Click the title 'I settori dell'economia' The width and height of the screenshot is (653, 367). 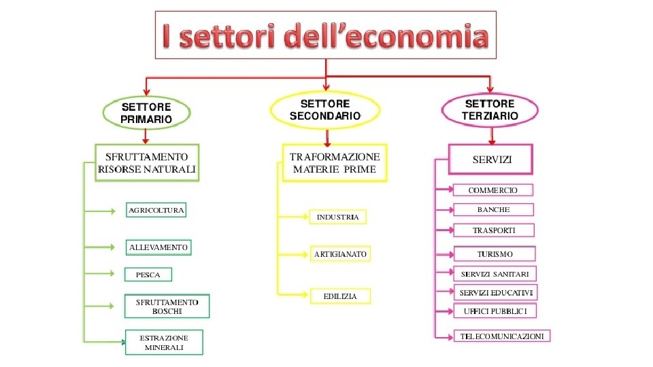pyautogui.click(x=325, y=35)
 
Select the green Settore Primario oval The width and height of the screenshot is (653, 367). pyautogui.click(x=146, y=112)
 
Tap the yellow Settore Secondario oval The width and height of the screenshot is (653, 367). pyautogui.click(x=325, y=109)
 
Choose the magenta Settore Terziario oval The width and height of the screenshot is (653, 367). pyautogui.click(x=490, y=109)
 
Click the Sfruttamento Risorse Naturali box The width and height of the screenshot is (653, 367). pyautogui.click(x=147, y=162)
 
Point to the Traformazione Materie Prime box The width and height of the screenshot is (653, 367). pyautogui.click(x=334, y=162)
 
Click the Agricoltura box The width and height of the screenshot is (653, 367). pyautogui.click(x=156, y=210)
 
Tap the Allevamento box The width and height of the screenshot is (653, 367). pyautogui.click(x=158, y=247)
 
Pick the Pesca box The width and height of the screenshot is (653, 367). pyautogui.click(x=148, y=275)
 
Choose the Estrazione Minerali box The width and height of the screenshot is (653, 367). pyautogui.click(x=164, y=343)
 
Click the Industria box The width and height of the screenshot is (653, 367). pyautogui.click(x=337, y=217)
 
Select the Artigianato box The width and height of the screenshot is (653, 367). pyautogui.click(x=340, y=254)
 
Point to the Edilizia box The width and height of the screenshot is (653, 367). pyautogui.click(x=340, y=296)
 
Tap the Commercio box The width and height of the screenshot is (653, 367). pyautogui.click(x=492, y=190)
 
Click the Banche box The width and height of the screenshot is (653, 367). pyautogui.click(x=493, y=210)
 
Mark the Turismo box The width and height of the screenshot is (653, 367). pyautogui.click(x=495, y=254)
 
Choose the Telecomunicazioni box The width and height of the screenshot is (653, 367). pyautogui.click(x=502, y=336)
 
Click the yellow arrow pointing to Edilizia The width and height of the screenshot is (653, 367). pyautogui.click(x=294, y=294)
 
